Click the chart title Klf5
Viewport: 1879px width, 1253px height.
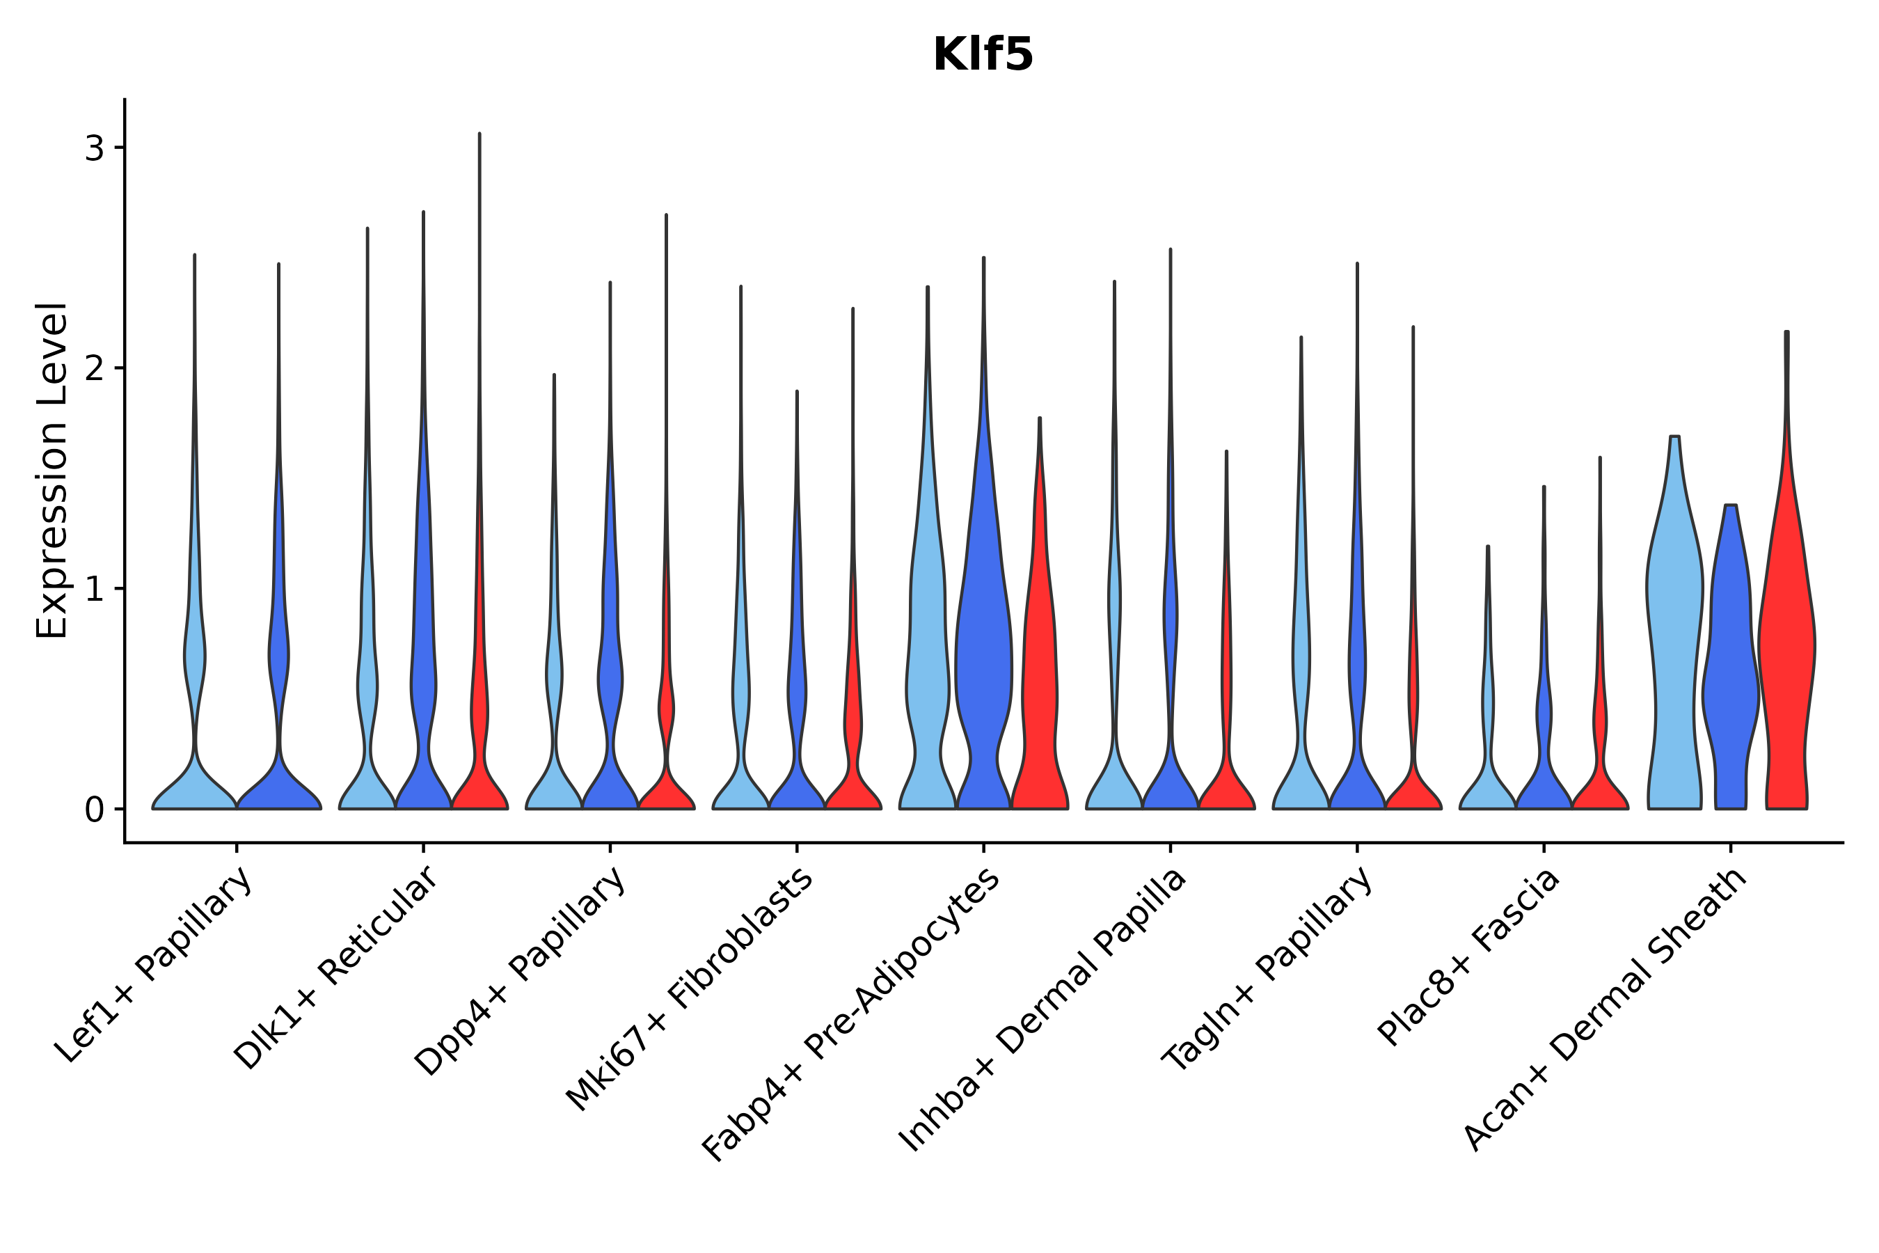983,55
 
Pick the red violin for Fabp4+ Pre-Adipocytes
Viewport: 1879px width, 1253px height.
1039,679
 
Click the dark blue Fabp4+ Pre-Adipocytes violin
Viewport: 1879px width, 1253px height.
983,639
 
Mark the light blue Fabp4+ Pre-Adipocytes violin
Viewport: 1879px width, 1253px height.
927,639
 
